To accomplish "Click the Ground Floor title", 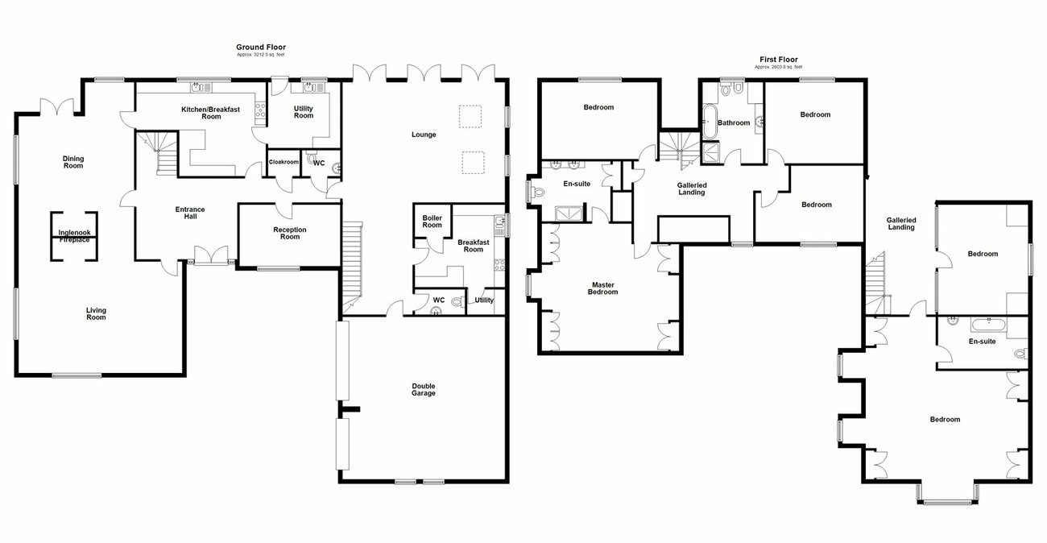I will click(260, 48).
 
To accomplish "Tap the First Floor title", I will click(778, 60).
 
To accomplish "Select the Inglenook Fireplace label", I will click(74, 236).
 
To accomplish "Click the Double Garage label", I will click(423, 389).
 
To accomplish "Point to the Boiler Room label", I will click(432, 221).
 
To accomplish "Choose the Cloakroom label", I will click(283, 162).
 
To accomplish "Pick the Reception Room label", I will click(290, 233).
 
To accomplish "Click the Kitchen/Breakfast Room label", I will click(200, 113).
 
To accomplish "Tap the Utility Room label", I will click(304, 112).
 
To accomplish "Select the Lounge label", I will click(424, 135).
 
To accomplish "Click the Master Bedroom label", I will click(604, 288).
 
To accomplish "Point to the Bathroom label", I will click(734, 123).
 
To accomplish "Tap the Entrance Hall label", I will click(190, 213).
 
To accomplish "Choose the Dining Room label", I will click(73, 162).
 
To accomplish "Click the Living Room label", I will click(96, 313).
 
